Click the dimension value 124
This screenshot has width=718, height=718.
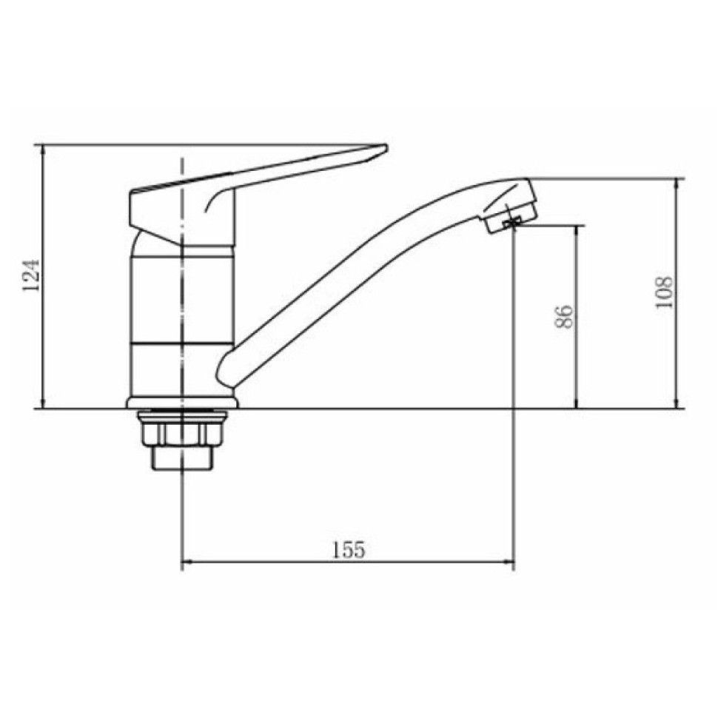[31, 275]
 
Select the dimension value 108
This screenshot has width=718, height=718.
[665, 292]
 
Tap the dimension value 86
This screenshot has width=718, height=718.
[564, 316]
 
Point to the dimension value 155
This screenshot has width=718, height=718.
[349, 550]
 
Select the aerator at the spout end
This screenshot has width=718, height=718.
[511, 215]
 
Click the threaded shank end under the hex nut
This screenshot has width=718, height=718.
[182, 457]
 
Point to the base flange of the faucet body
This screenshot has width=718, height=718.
[182, 403]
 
